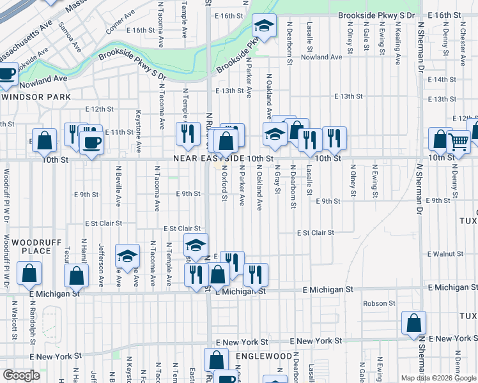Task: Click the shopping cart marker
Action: coord(458,142)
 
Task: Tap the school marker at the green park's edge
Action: coord(263,27)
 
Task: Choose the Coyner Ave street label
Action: coord(120,22)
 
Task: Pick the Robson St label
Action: coord(379,304)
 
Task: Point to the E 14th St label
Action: coord(442,80)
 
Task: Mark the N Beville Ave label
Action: coord(118,186)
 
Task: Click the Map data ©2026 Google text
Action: coord(438,378)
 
